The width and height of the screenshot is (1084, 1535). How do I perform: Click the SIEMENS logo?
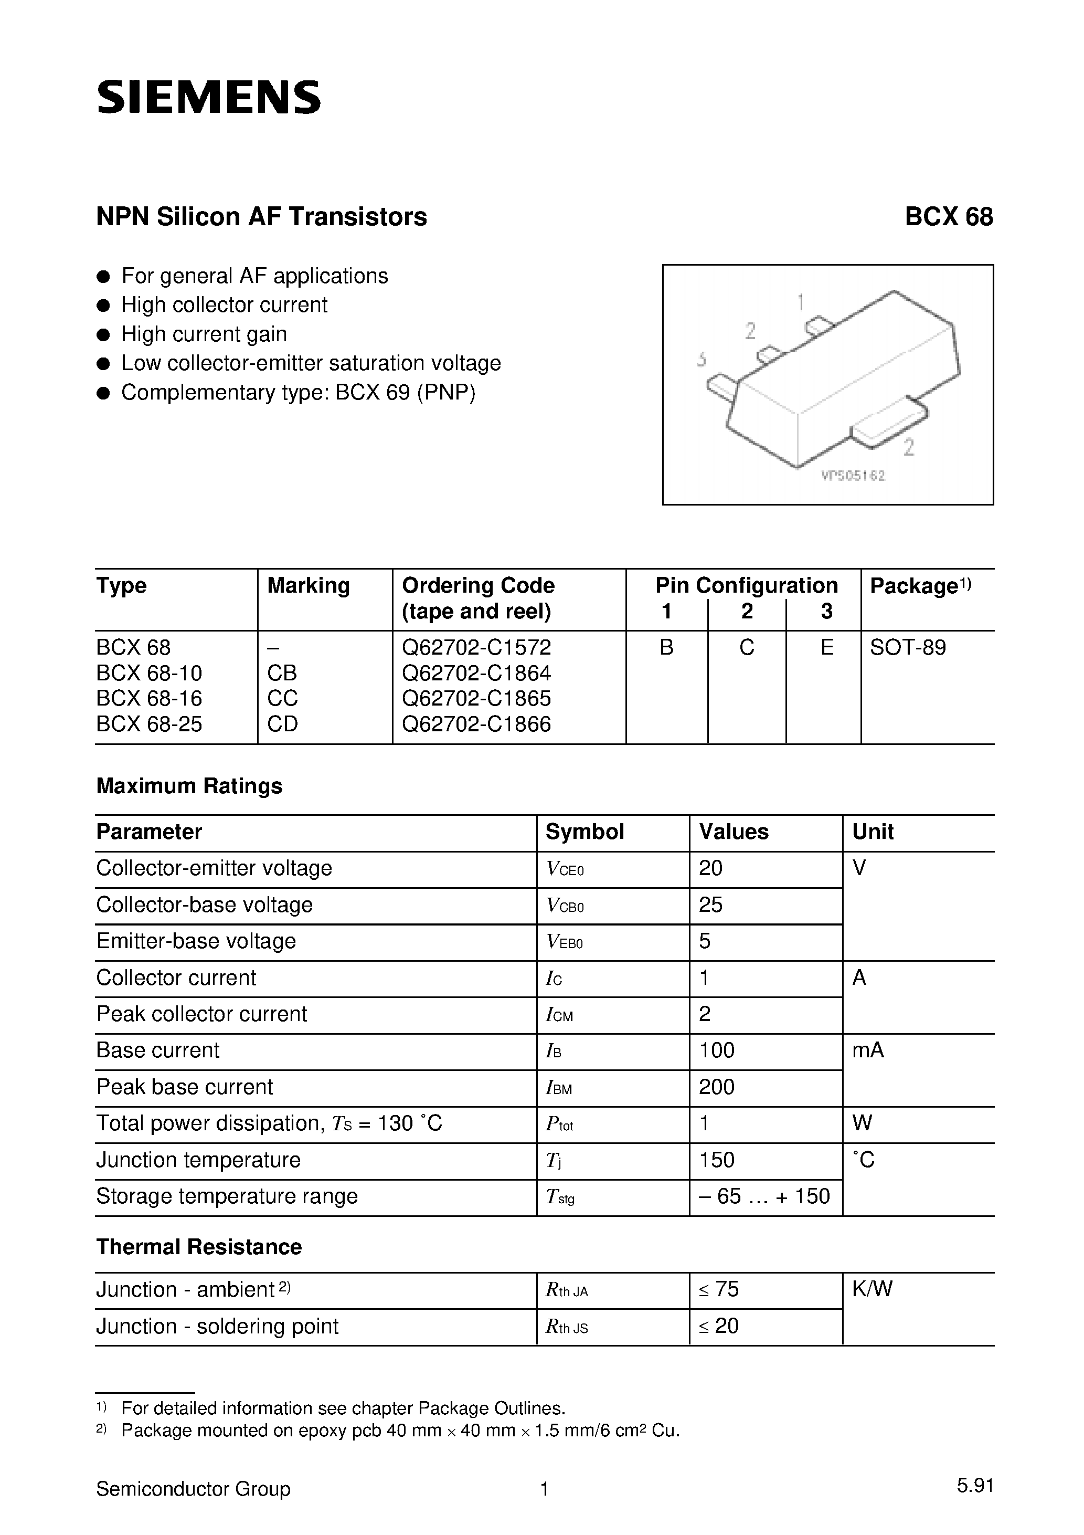(x=208, y=98)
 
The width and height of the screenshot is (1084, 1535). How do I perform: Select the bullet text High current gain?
(x=204, y=333)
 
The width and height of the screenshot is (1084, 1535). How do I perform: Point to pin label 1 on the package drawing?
(x=801, y=302)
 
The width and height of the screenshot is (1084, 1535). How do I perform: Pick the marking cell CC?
(x=282, y=698)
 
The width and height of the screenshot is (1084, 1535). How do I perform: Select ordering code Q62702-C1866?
(x=476, y=724)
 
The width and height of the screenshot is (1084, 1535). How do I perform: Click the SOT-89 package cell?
(x=908, y=647)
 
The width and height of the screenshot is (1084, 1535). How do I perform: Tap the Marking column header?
(x=308, y=586)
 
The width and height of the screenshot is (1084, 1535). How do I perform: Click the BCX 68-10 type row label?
(x=149, y=672)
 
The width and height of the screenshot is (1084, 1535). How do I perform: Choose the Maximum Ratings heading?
(x=189, y=785)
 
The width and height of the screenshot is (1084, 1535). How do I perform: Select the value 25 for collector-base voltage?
(x=710, y=905)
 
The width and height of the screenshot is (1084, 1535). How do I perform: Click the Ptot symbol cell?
(x=559, y=1124)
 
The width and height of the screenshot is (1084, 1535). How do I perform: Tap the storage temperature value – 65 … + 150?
(x=764, y=1196)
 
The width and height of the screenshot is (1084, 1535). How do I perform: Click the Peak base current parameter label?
(x=185, y=1087)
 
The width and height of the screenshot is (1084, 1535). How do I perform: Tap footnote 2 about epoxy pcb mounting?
(x=400, y=1431)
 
